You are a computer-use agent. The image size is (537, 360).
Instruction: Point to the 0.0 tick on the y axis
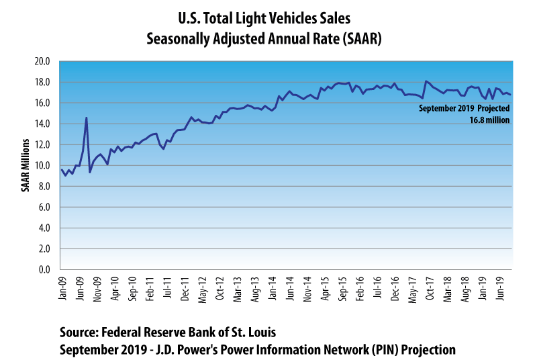[x=44, y=269]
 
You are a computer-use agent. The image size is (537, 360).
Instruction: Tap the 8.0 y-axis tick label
[x=44, y=186]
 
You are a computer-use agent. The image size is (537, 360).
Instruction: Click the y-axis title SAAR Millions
[x=25, y=165]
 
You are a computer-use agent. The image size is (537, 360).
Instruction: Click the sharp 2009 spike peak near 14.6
[x=86, y=118]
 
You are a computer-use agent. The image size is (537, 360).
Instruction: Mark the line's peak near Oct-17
[x=426, y=81]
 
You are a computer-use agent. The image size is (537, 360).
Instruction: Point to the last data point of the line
[x=511, y=95]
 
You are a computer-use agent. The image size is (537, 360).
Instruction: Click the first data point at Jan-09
[x=61, y=169]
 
